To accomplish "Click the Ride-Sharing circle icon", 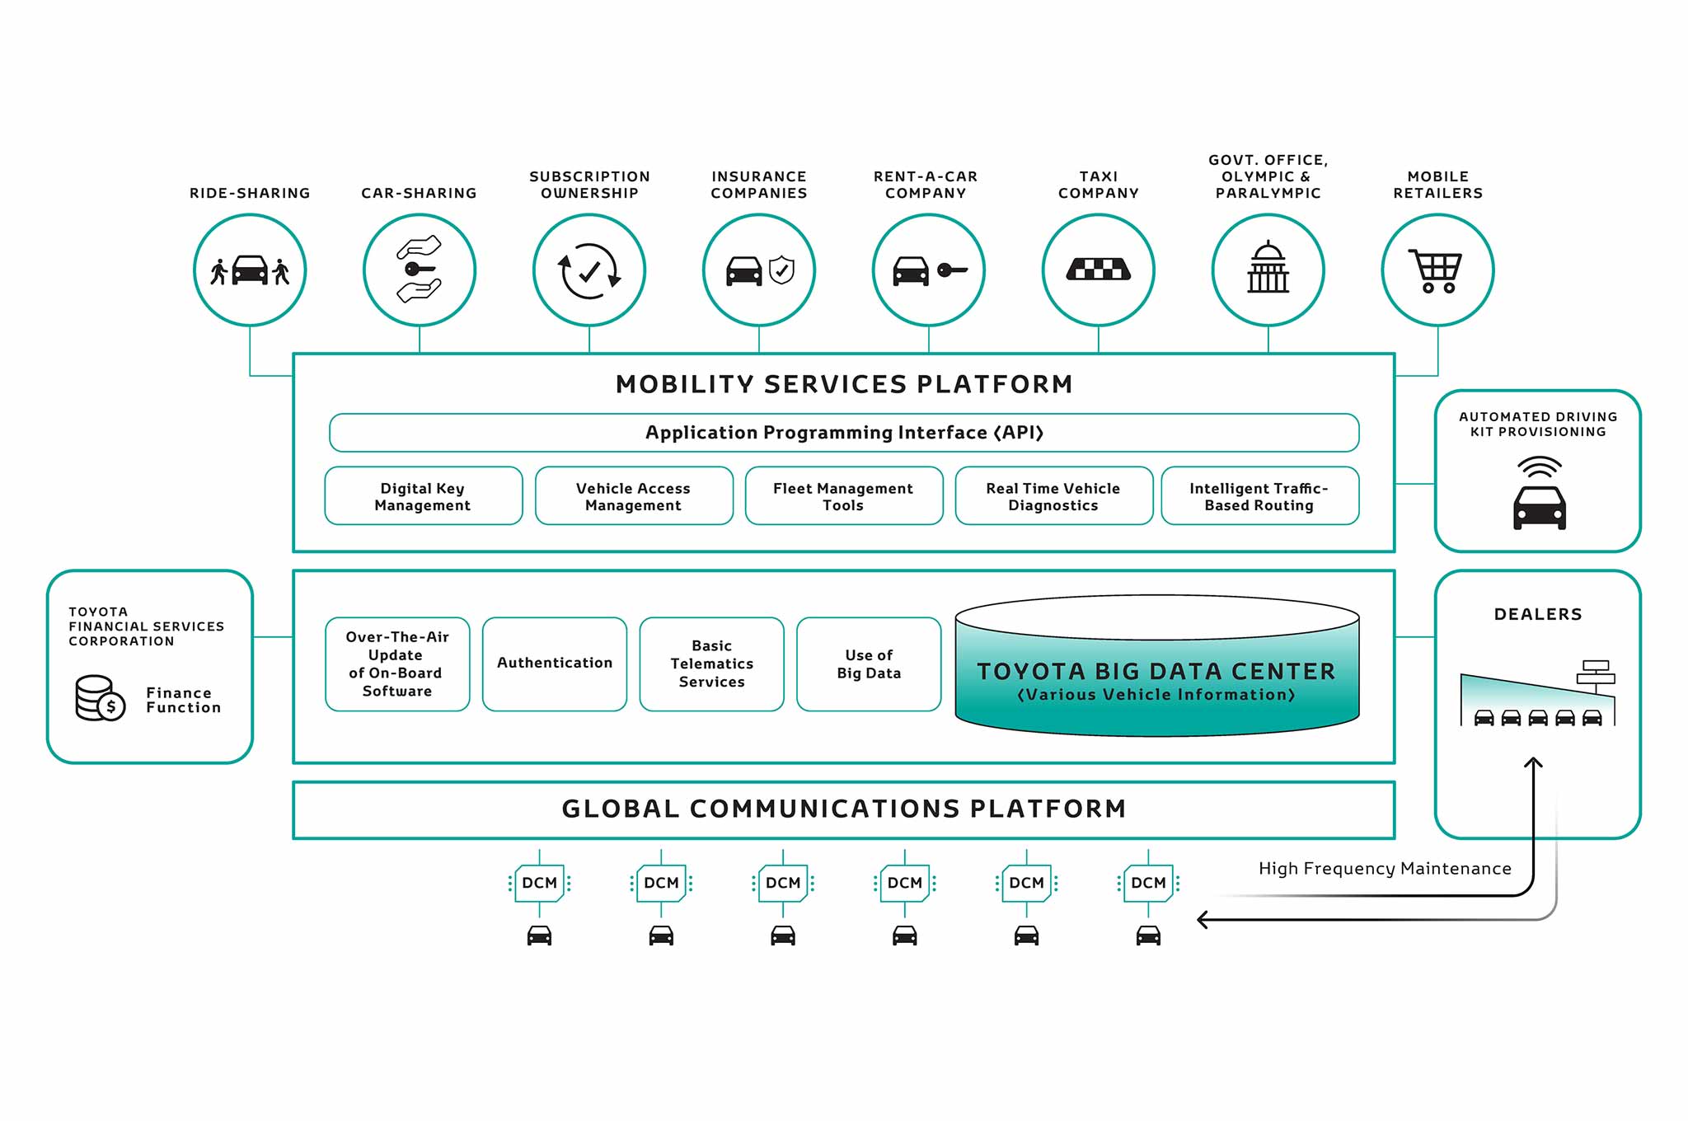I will pos(250,270).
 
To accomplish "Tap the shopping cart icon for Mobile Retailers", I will pos(1437,270).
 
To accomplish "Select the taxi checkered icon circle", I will pos(1098,270).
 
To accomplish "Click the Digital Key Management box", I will pos(423,496).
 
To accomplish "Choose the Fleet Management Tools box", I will pos(843,496).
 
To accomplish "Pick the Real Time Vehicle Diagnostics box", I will pos(1053,496).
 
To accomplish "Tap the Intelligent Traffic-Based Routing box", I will pos(1259,496).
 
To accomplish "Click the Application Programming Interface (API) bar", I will pos(844,433).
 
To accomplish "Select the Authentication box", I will pos(555,664).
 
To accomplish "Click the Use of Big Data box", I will pos(869,664).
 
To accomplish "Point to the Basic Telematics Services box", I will pos(711,664).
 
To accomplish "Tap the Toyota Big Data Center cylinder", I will pos(1156,672).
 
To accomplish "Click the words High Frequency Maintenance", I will pos(1385,869).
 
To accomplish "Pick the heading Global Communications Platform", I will pos(844,809).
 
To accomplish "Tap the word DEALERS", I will pos(1538,614).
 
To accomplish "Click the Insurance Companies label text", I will pos(759,185).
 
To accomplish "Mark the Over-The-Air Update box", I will pos(397,664).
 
